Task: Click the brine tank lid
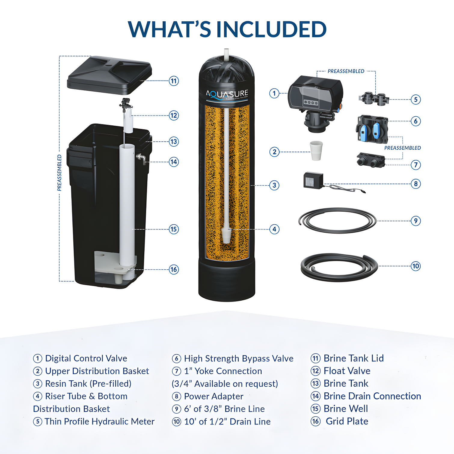coord(109,75)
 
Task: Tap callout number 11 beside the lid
coord(174,81)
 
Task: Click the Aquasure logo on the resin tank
coord(227,94)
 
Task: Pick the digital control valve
coord(315,99)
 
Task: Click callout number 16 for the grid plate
coord(174,269)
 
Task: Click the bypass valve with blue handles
coord(372,129)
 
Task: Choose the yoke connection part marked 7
coord(371,160)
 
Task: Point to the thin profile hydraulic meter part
coord(374,99)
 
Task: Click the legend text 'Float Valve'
coord(347,371)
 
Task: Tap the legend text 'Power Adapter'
coord(213,396)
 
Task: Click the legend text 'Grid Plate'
coord(347,421)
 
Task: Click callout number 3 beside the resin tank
coord(274,185)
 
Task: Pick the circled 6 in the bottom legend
coord(176,358)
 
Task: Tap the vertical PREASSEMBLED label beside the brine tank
coord(60,173)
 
